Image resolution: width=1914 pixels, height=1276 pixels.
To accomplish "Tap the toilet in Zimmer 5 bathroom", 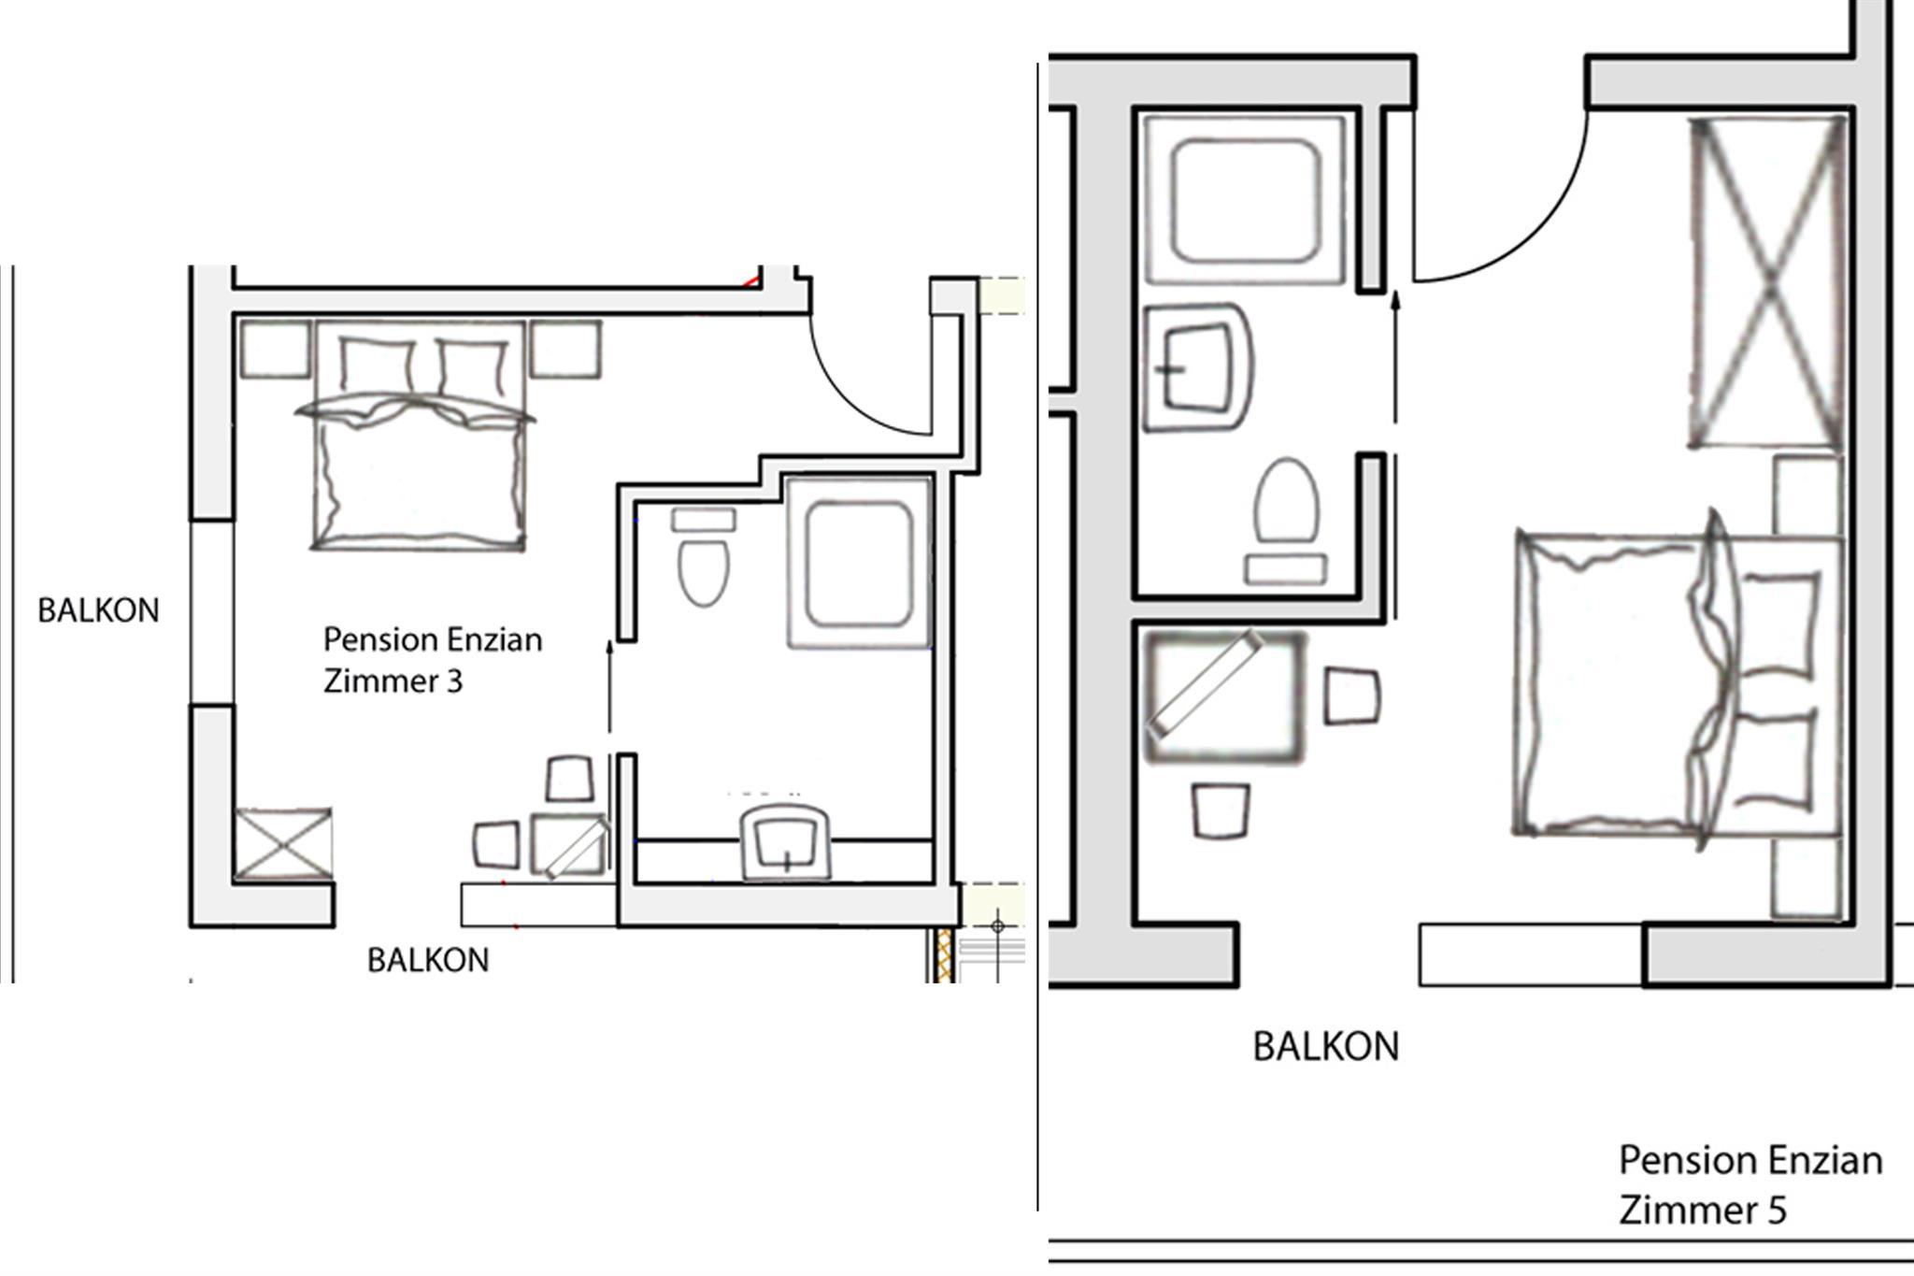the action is coord(1286,522).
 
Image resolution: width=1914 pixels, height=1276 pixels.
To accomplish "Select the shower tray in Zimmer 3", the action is coord(860,564).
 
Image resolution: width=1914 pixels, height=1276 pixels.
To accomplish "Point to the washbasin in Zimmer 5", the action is coord(1198,367).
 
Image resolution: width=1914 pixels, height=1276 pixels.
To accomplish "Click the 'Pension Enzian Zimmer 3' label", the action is coord(433,660).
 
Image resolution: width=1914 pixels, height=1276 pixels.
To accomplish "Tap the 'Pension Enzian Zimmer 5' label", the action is coord(1750,1184).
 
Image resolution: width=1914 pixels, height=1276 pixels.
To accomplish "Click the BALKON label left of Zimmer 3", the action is coord(98,610).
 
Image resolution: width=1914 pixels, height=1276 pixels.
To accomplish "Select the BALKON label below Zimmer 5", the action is coord(1325,1047).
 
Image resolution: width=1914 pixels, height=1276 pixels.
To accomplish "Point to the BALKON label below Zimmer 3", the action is coord(428,960).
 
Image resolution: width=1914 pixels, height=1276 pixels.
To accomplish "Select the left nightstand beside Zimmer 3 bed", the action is coord(275,350).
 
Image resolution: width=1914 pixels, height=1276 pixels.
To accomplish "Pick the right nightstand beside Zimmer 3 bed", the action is coord(566,350).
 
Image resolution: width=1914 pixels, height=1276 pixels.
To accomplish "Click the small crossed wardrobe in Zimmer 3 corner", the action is coord(282,844).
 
